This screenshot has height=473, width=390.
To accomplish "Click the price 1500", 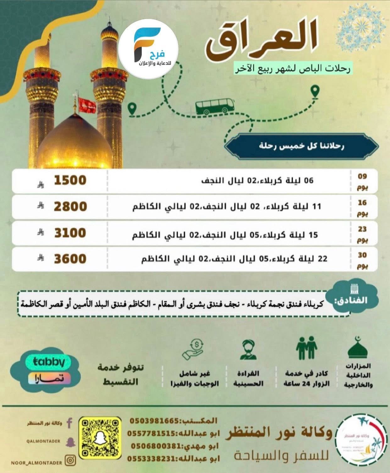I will point(70,180).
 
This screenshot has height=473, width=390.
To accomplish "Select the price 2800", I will point(70,207).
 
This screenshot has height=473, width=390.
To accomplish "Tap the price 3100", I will point(70,233).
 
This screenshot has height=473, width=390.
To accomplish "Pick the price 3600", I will point(70,259).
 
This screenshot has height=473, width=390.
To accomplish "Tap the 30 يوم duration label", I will point(362,260).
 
